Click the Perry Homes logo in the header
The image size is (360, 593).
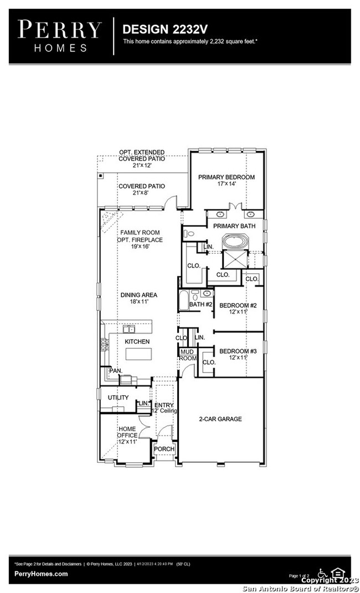pos(60,35)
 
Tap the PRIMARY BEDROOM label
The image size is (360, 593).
pos(226,177)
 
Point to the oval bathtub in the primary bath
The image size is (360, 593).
pos(236,242)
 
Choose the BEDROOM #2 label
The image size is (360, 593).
pos(238,305)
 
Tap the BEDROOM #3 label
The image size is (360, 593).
pos(238,351)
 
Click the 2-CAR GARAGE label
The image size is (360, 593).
pos(221,419)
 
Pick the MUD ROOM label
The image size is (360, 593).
pos(188,355)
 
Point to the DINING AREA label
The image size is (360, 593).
pos(138,295)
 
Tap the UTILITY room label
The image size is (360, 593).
pos(118,397)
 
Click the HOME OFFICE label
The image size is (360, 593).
pos(127,432)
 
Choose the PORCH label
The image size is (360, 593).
pos(164,449)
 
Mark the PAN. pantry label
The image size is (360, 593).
pos(115,370)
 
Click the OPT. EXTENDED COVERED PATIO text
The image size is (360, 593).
pos(142,155)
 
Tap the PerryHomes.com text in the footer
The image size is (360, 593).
pos(41,574)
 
